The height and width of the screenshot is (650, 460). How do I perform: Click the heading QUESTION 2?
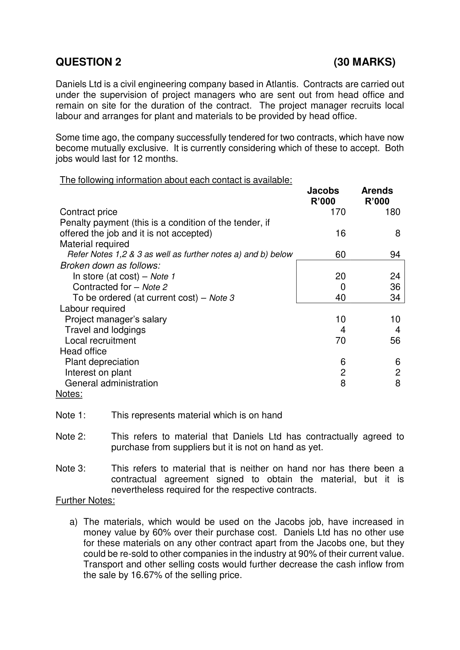88,62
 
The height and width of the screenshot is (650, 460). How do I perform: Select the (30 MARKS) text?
364,62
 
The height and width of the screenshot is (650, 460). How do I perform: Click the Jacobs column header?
323,191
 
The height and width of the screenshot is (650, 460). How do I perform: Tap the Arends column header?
377,191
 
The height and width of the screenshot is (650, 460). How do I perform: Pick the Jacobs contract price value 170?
338,212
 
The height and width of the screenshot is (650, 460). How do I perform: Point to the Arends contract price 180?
392,212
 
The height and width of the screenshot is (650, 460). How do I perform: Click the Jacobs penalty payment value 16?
340,233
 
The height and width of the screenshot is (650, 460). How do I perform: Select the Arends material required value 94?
395,255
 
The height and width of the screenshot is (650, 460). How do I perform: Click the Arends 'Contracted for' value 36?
395,287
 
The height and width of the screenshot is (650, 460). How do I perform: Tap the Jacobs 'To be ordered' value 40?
340,298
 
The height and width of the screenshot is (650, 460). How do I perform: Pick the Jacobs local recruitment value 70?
340,340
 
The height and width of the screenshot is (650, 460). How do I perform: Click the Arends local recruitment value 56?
395,340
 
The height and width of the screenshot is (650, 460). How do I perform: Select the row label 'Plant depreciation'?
102,362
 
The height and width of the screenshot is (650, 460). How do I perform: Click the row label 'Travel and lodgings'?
105,330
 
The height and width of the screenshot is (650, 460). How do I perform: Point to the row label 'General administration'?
111,383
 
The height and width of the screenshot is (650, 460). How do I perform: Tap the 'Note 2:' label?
71,437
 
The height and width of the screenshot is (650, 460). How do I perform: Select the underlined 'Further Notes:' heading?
85,500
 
